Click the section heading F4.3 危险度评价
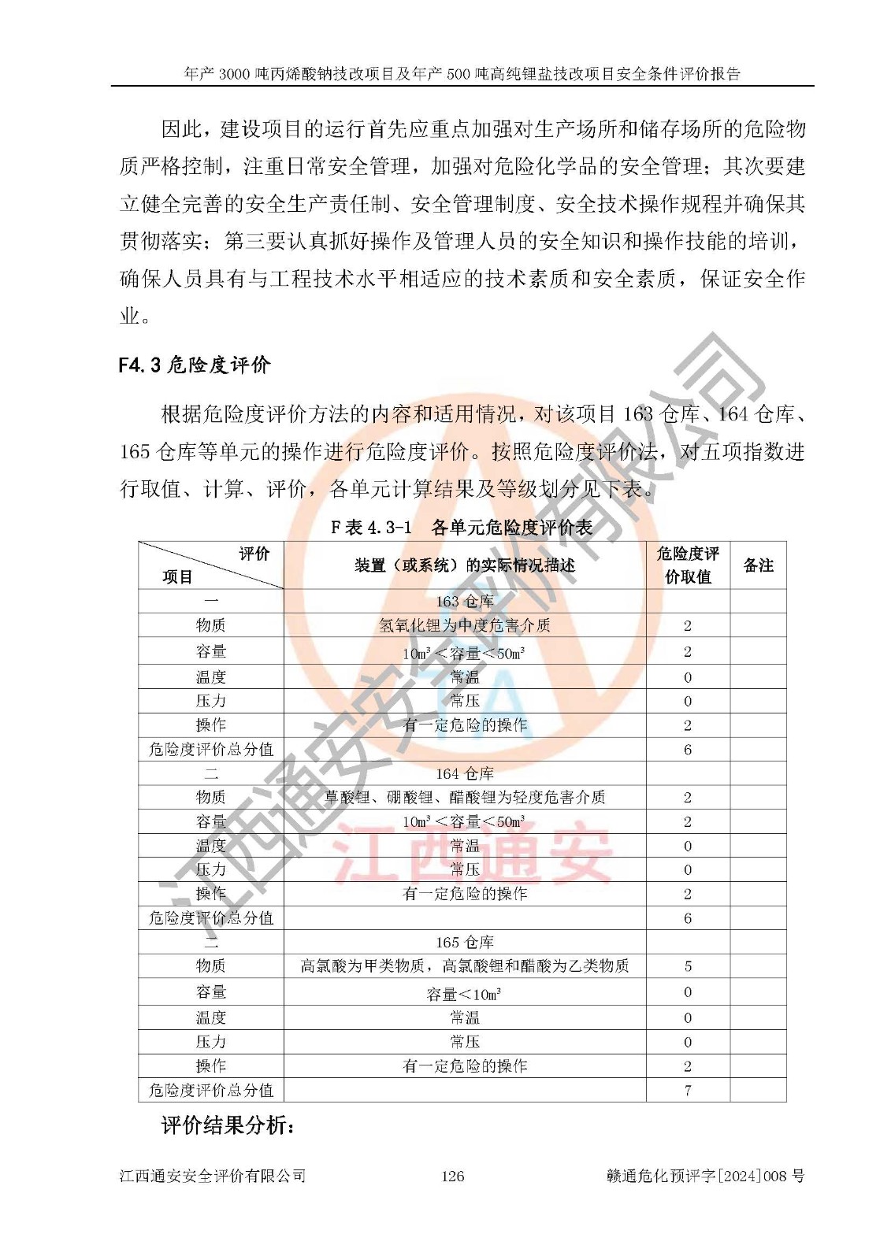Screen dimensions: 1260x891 tap(194, 365)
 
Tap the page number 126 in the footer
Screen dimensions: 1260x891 tap(452, 1176)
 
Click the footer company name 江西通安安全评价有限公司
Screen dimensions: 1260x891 tap(212, 1176)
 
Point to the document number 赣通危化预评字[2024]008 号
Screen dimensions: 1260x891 tap(705, 1176)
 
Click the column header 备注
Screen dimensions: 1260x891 tap(758, 565)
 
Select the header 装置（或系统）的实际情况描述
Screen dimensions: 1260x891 tap(465, 565)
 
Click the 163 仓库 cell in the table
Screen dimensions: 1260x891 tap(465, 602)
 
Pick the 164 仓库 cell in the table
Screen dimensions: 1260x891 tap(465, 773)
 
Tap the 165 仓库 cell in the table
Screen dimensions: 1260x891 tap(465, 943)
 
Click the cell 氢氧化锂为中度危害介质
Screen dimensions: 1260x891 tap(465, 626)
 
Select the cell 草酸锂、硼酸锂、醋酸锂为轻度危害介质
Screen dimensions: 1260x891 tap(465, 797)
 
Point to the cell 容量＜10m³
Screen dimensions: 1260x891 tap(465, 994)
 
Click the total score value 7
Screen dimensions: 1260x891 tap(688, 1091)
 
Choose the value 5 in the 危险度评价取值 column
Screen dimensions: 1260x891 tap(688, 966)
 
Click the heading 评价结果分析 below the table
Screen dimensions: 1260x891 tap(228, 1125)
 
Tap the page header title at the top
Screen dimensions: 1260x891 tap(462, 74)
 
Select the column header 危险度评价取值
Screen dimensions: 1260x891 tap(688, 565)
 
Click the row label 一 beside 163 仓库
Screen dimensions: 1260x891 tap(211, 602)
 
